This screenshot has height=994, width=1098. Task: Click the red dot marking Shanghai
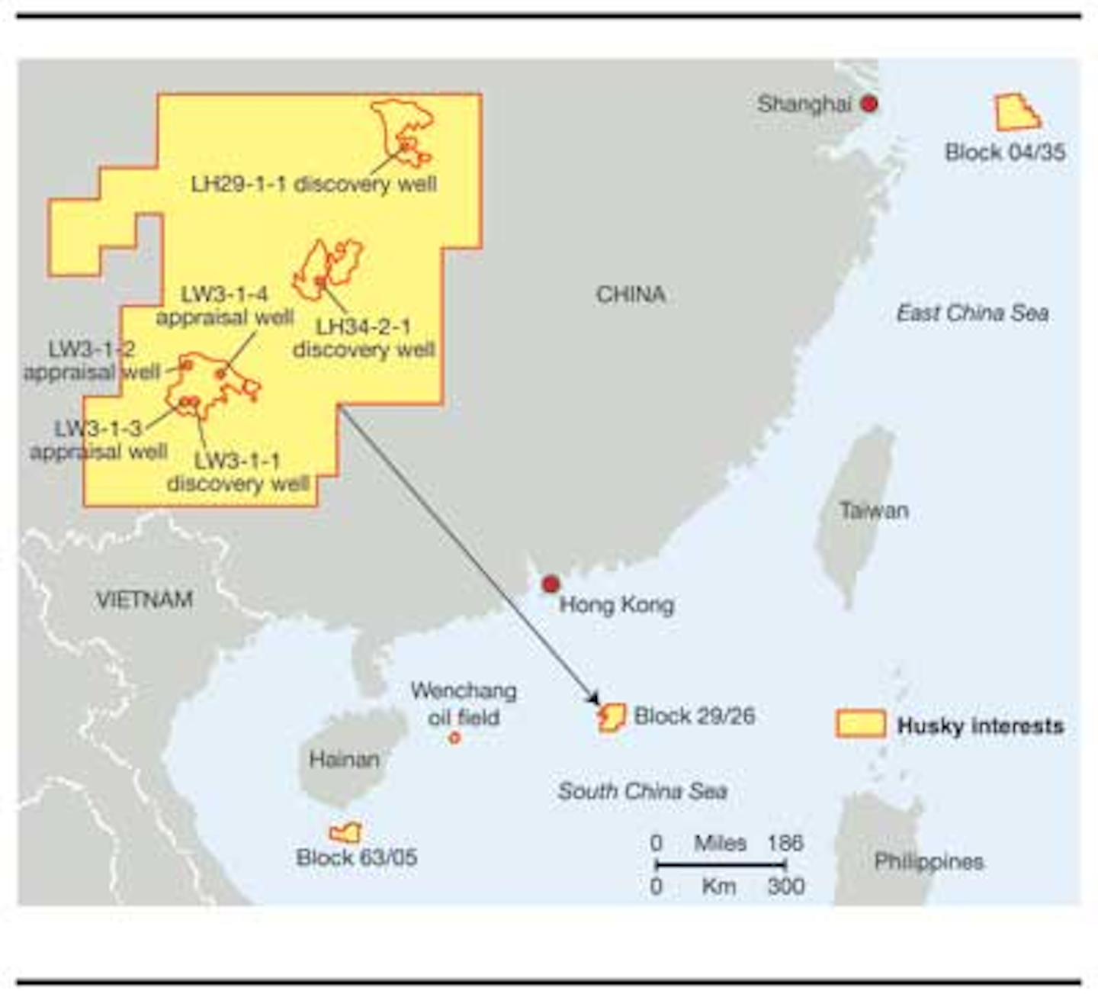869,103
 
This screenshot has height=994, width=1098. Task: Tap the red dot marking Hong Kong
551,584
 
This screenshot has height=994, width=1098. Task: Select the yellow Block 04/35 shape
1016,113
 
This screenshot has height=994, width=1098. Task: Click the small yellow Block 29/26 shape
612,717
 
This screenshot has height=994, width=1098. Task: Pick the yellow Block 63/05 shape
345,832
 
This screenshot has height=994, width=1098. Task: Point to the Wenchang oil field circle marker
454,738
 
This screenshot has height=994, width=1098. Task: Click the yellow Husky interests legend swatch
861,724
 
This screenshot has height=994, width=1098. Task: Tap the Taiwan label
874,510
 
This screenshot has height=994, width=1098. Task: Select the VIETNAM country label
144,600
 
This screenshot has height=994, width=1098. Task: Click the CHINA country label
631,294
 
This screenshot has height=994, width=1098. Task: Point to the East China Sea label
972,313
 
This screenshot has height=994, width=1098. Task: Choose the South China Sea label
642,791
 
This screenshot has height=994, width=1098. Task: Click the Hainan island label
344,759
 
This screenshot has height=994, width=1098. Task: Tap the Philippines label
929,861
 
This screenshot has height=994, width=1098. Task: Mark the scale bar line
721,864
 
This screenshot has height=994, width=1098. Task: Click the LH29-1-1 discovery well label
313,184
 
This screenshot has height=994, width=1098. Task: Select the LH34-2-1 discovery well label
364,338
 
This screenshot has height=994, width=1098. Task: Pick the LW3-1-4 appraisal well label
225,306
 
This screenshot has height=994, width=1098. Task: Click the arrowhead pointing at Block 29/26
593,700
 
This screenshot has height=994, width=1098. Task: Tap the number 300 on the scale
786,886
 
